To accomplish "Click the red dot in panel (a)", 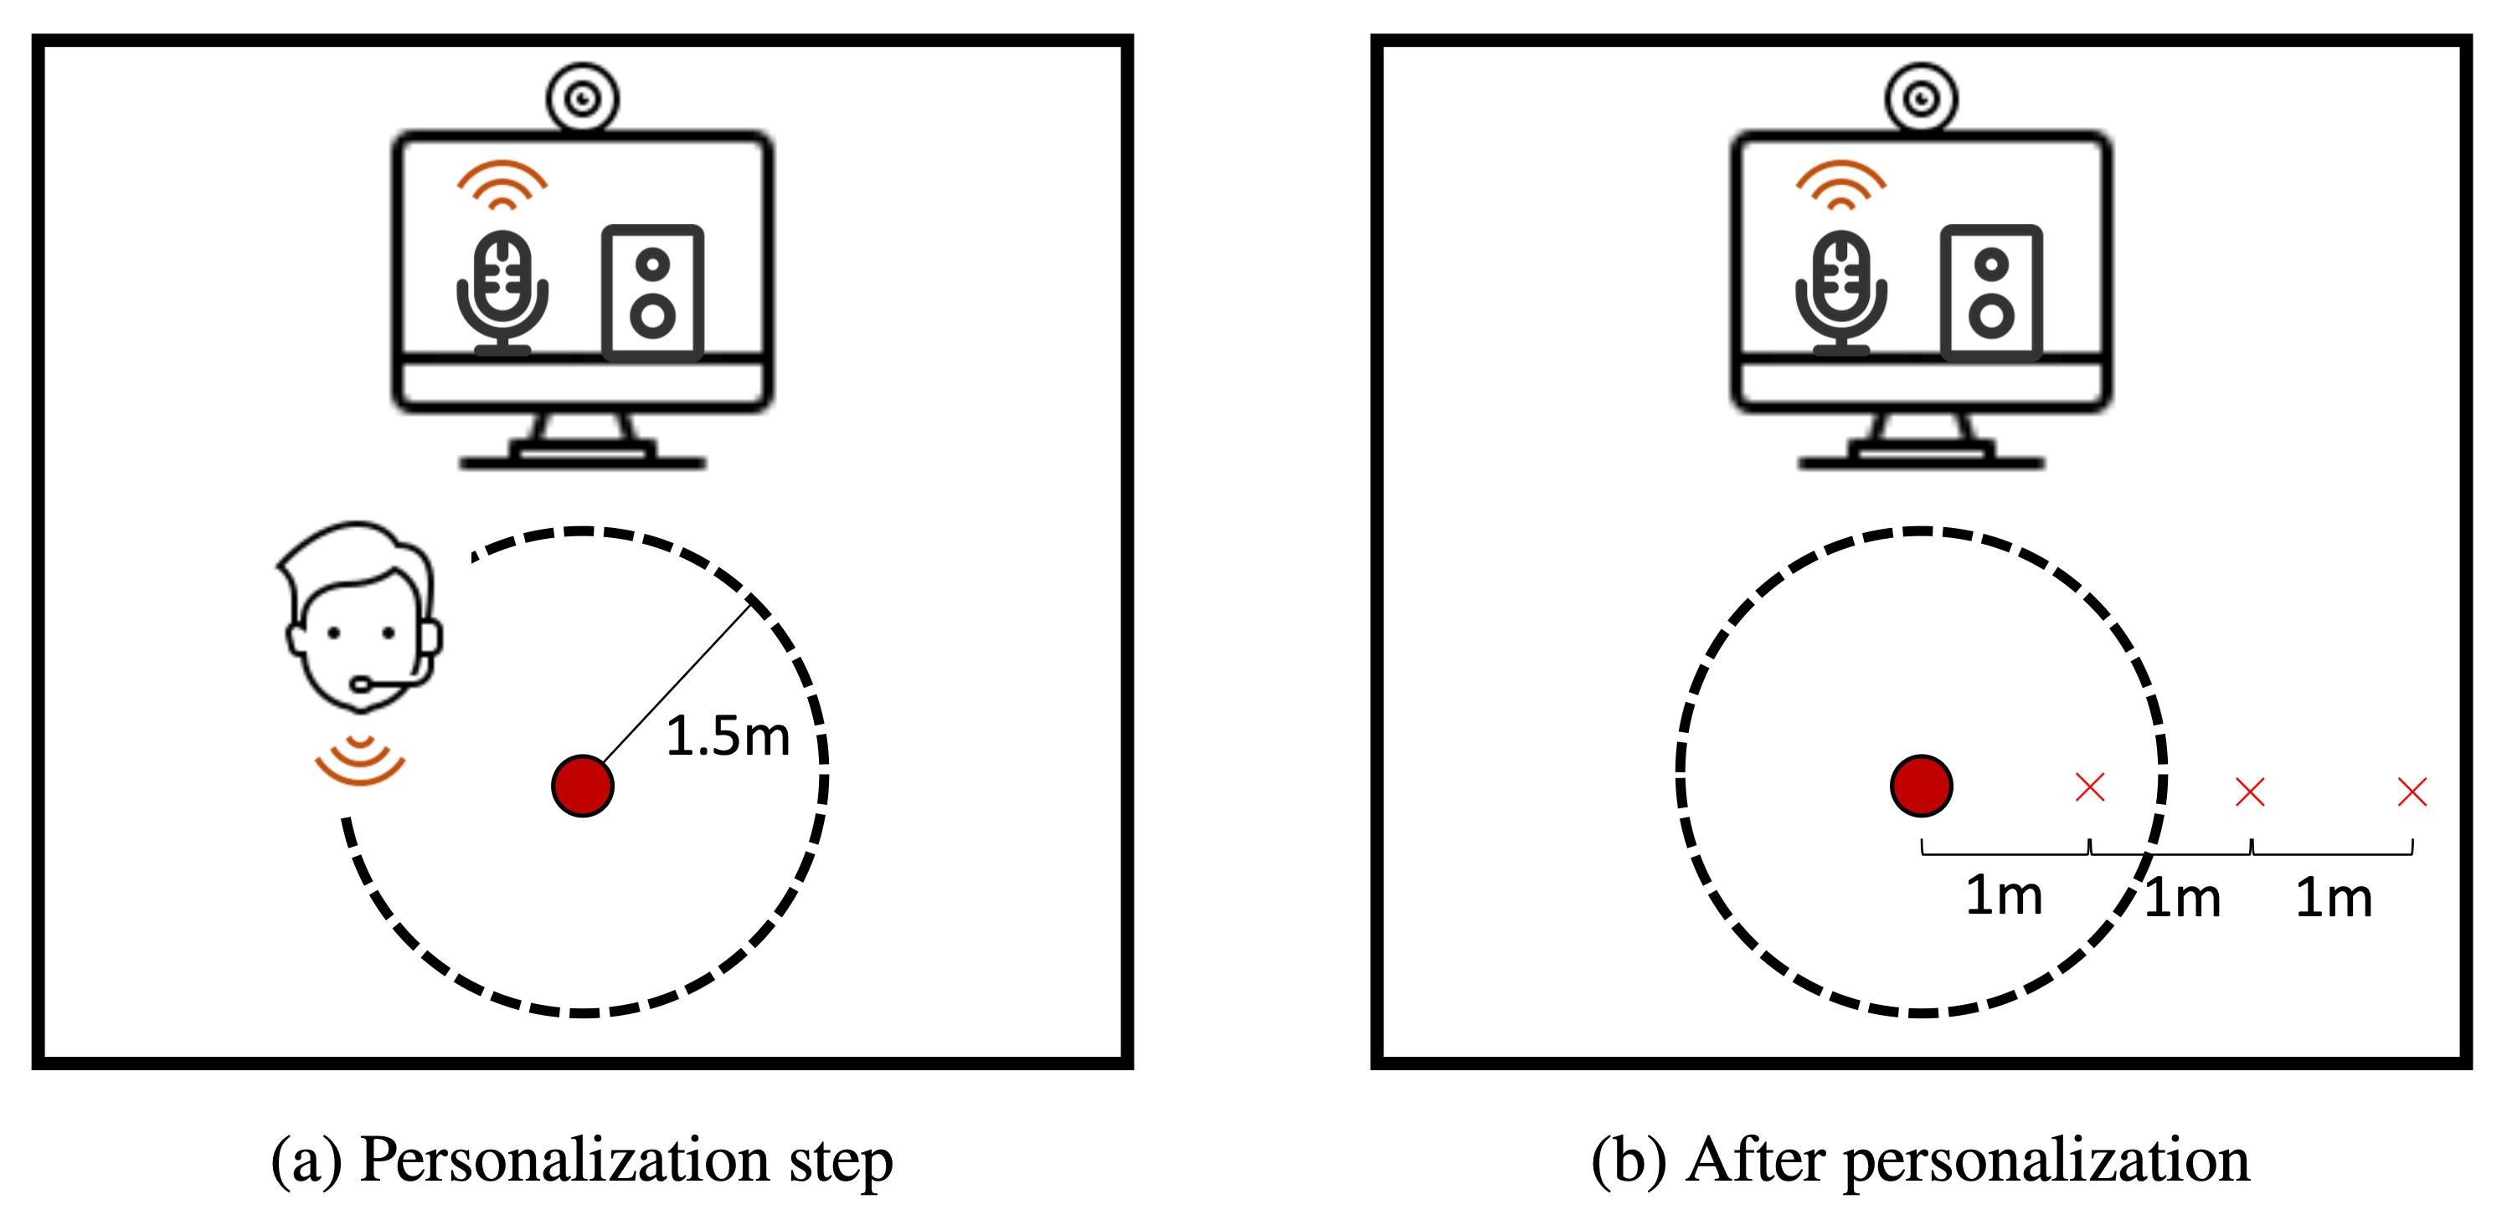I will pos(582,786).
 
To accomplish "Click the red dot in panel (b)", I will pos(1921,786).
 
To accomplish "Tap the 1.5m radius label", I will pos(728,737).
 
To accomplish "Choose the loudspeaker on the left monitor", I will pos(652,291).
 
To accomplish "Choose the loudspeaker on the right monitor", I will pos(1991,291).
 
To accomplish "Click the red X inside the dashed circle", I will pos(2090,787).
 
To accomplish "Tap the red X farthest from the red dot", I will pos(2412,792).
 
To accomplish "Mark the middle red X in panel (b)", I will pos(2250,792).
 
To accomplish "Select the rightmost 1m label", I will pos(2334,899).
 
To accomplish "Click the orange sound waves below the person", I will pos(360,761).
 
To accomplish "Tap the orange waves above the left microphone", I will pos(502,184).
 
